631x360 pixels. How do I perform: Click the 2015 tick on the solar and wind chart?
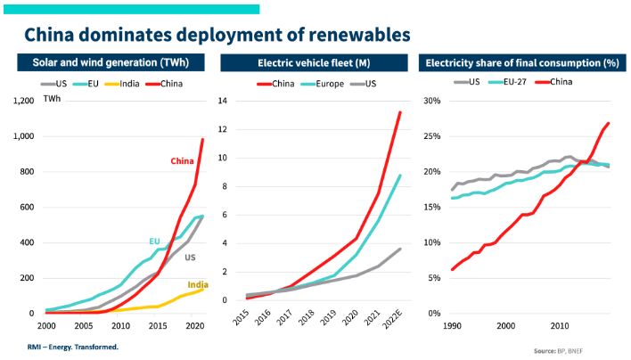coord(156,326)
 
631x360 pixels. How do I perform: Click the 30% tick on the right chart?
coord(432,102)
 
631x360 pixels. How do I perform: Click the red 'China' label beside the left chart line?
coord(182,161)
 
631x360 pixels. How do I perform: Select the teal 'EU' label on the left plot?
coord(154,241)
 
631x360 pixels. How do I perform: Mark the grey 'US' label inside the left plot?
coord(190,258)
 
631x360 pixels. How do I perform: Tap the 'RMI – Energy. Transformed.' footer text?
coord(67,347)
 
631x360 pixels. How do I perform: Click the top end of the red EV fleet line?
coord(400,112)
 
